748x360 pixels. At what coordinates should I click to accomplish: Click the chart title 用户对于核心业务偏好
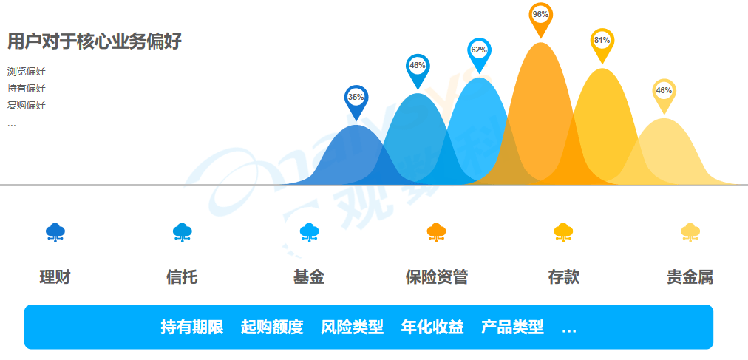point(95,41)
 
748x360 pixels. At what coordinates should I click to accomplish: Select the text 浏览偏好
point(26,72)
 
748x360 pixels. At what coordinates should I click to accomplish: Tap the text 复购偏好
point(26,105)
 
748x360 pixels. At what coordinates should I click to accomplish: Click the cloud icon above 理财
point(55,232)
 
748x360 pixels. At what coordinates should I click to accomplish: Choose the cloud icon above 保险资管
point(436,232)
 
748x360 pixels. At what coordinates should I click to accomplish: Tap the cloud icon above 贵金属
point(690,232)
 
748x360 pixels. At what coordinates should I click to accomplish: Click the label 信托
point(182,277)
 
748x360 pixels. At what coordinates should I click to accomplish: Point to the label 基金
point(309,277)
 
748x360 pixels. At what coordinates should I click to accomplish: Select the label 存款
point(563,277)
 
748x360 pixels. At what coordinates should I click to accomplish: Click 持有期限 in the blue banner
point(191,327)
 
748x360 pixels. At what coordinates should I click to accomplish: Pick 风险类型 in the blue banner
point(352,327)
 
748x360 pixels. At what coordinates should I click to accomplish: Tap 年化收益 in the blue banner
point(432,327)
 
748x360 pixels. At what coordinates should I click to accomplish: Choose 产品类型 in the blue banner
point(512,327)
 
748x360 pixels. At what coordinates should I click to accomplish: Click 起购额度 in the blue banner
point(272,327)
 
